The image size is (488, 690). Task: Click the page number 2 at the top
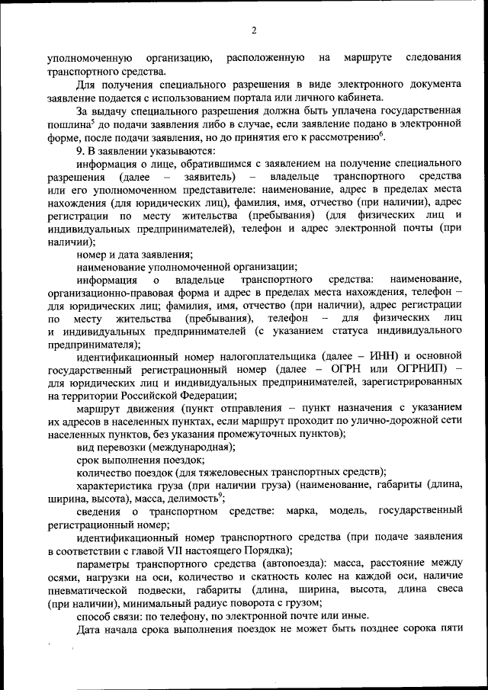click(x=254, y=30)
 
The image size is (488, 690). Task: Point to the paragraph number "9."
click(x=81, y=151)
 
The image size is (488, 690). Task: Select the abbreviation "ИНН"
click(x=380, y=355)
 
